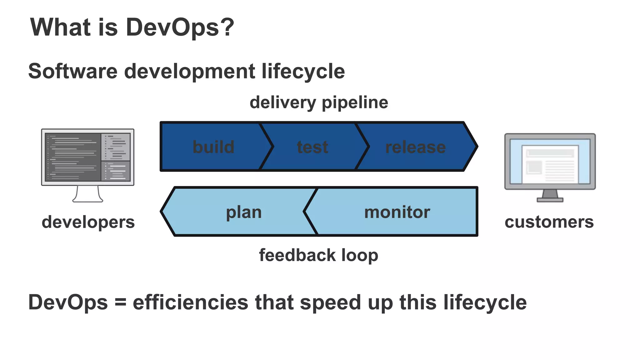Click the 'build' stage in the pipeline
coord(213,147)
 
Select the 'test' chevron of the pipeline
coord(312,147)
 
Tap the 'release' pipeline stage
coord(415,147)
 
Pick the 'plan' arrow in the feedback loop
coord(244,212)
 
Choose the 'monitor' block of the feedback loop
coord(397,212)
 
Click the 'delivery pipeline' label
coord(319,102)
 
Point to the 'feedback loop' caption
coord(318,255)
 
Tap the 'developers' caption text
coord(88,222)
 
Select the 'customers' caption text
coord(549,222)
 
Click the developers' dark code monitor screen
coord(87,157)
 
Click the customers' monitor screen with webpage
coord(550,162)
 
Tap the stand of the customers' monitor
coord(550,196)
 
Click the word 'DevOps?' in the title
coord(180,27)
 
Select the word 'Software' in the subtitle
coord(73,71)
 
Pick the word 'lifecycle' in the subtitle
coord(303,71)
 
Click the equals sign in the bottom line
coord(120,302)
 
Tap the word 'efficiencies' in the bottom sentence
coord(190,302)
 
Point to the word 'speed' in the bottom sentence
coord(331,302)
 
